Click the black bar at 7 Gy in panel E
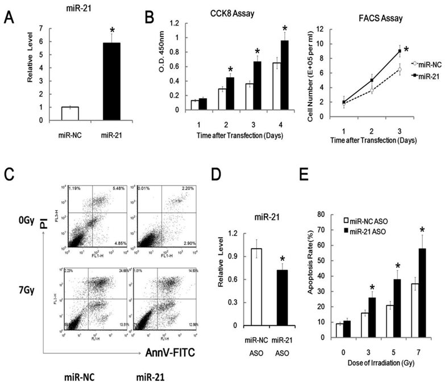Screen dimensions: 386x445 (x=422, y=277)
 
